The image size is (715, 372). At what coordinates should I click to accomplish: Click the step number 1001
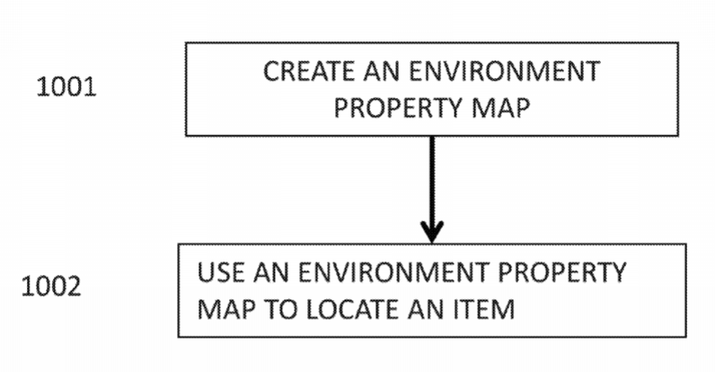point(66,86)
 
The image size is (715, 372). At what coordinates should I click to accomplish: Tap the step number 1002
point(51,287)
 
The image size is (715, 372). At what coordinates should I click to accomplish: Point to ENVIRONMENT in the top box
point(504,72)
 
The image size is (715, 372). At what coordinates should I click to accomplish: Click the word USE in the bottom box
point(221,272)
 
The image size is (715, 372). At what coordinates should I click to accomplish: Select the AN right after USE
point(271,272)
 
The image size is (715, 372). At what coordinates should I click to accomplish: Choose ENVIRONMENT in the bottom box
point(393,272)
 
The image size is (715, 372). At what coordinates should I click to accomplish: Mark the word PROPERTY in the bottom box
point(561,272)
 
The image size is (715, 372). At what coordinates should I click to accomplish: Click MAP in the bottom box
point(226,309)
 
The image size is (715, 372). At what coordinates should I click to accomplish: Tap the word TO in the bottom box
point(281,309)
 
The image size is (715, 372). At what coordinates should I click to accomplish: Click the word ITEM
point(484,309)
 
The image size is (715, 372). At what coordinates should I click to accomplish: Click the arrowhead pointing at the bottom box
point(432,232)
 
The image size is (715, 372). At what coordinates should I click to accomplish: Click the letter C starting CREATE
point(272,72)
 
